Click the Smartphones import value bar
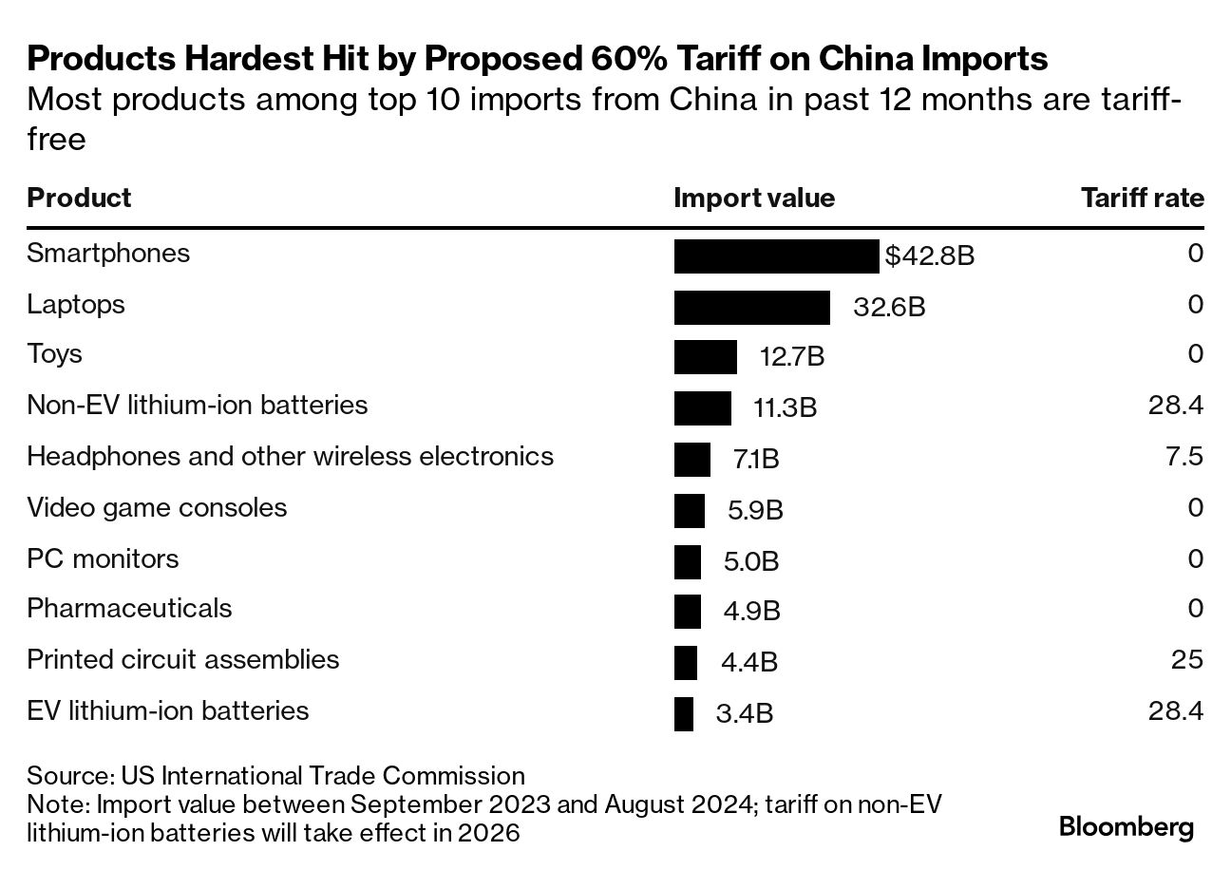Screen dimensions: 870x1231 776,256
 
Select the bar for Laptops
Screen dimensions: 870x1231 751,308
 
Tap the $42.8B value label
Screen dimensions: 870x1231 929,256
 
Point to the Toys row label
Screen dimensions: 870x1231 54,354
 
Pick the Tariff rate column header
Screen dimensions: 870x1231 1142,198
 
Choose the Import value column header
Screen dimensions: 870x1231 754,198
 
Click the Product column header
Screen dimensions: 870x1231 79,198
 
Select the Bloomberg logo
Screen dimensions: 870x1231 1127,827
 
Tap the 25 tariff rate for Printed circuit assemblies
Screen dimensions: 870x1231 1187,659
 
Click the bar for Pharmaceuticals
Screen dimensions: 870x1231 688,612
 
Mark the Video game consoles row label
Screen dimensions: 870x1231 157,507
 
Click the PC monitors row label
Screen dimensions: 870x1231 103,558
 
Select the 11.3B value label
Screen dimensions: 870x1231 785,408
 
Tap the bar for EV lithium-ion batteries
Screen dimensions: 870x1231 684,713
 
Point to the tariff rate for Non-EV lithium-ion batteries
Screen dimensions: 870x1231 1176,406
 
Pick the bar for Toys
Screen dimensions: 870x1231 705,357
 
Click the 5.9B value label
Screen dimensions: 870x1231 755,511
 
